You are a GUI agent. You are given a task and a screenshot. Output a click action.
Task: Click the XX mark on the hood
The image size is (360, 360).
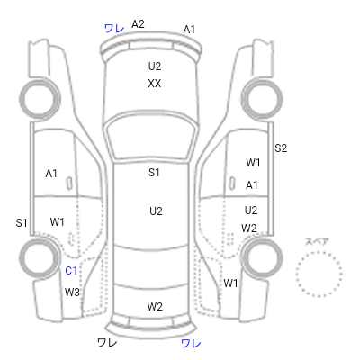[155, 84]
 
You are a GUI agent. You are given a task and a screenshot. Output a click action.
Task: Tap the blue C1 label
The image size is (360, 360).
[71, 271]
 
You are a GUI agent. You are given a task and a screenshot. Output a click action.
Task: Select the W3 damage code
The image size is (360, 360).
[72, 292]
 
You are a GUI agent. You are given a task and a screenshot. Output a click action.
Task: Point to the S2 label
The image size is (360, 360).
[281, 148]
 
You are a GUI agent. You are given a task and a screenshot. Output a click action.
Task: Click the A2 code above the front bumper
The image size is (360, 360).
[138, 24]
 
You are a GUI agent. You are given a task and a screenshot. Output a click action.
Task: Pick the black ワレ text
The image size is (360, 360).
[107, 342]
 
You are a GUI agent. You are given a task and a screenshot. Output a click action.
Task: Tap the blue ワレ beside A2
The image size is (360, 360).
[114, 29]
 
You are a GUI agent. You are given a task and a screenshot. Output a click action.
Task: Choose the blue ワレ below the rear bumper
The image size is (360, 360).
[191, 343]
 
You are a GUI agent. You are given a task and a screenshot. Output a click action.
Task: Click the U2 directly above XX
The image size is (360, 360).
[155, 66]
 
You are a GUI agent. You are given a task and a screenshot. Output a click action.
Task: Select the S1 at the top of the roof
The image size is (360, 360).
[154, 173]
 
